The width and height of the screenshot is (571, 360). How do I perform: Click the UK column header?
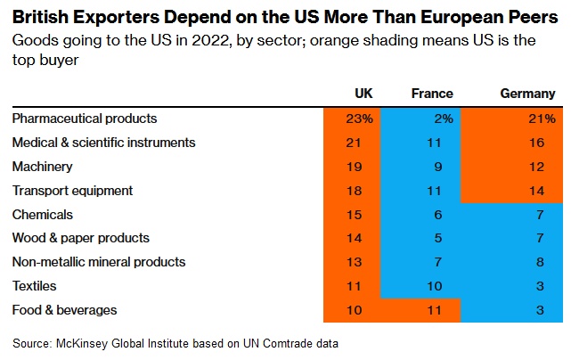coord(363,94)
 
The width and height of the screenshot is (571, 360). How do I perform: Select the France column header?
coord(432,94)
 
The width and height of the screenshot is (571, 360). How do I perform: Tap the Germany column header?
coord(528,94)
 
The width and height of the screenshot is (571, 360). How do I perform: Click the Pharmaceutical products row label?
coord(85,119)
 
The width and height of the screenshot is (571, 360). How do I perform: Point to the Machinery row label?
coord(43,167)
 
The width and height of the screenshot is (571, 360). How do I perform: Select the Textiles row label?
coord(35,286)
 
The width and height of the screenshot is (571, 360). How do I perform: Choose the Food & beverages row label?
coord(64,310)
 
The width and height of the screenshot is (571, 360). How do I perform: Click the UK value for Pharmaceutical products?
coord(362,119)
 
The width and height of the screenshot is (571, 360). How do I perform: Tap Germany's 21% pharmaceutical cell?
coord(542,119)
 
